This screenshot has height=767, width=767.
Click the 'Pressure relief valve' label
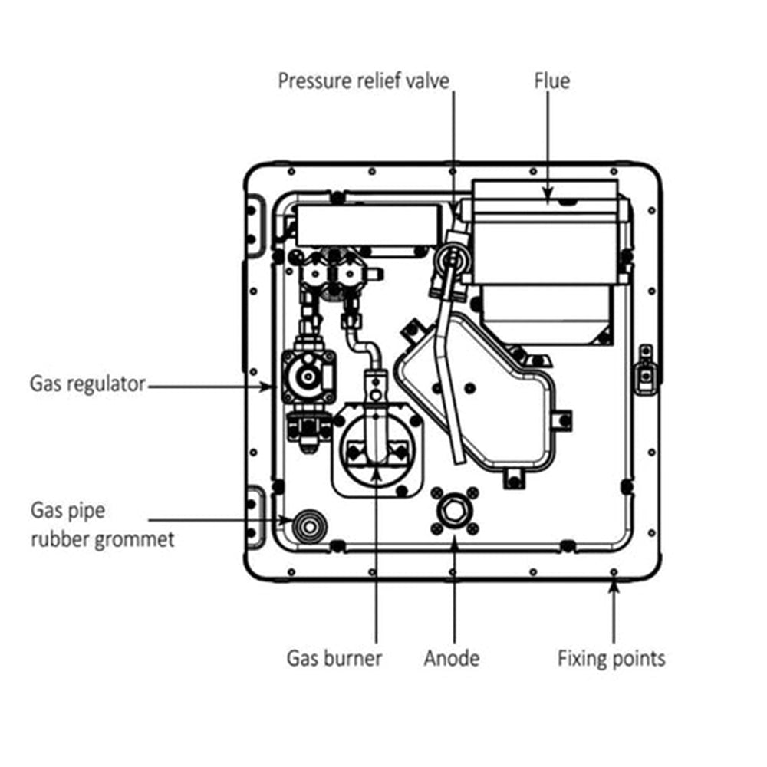(x=363, y=81)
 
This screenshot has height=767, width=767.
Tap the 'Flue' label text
(x=552, y=81)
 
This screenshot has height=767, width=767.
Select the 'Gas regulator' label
(x=87, y=383)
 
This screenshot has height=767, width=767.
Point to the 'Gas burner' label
(x=334, y=658)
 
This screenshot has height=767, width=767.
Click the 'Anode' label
(x=452, y=658)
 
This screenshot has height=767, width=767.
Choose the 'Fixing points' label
(x=611, y=658)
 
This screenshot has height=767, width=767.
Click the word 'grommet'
(x=134, y=539)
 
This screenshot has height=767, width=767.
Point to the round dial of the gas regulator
(x=309, y=376)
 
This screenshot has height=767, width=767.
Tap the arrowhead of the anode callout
(x=453, y=542)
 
